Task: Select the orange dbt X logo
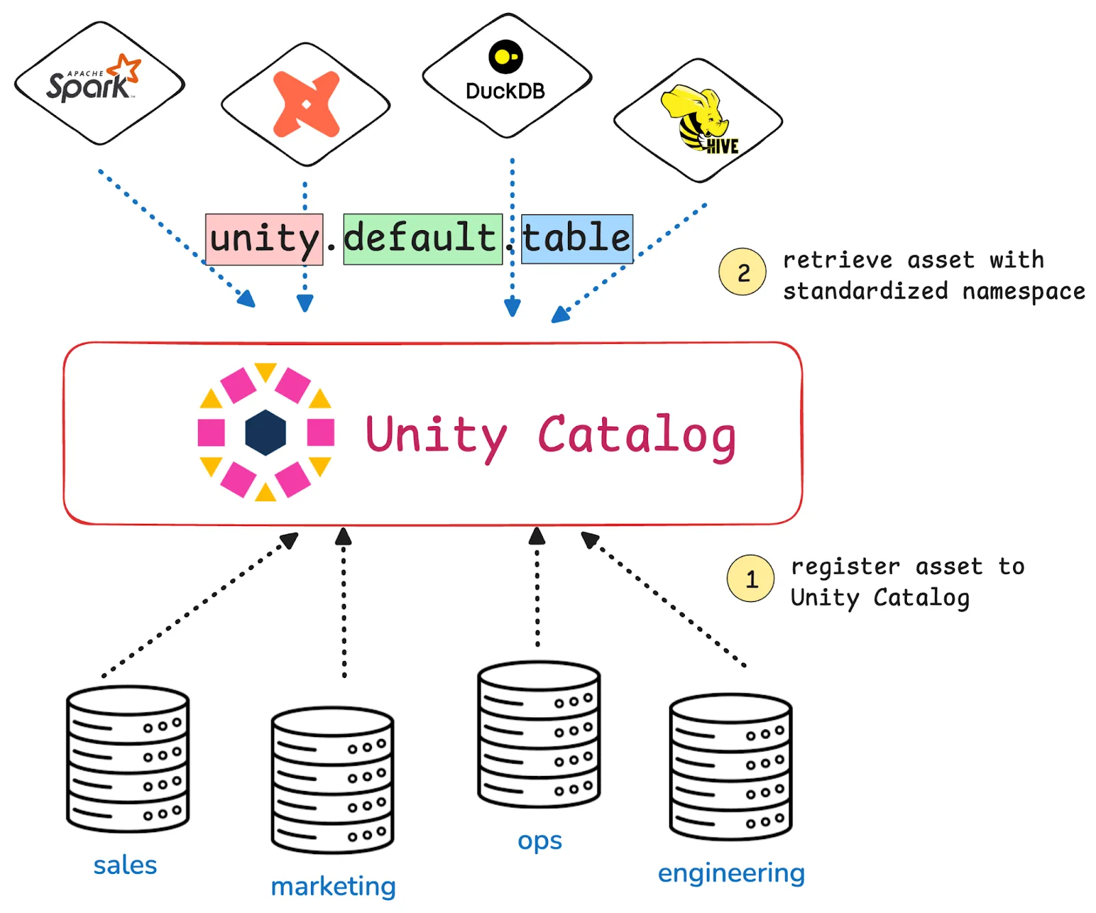click(x=306, y=104)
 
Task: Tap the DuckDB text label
click(x=505, y=91)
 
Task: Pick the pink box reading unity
click(x=264, y=239)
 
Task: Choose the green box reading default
click(x=422, y=238)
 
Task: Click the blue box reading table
click(x=577, y=238)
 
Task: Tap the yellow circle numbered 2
click(x=743, y=272)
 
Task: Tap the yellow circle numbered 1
click(x=751, y=579)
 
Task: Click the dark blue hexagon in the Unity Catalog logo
click(x=265, y=432)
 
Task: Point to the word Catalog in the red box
click(x=636, y=436)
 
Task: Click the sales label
click(x=125, y=865)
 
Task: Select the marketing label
click(x=333, y=886)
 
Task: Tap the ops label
click(x=540, y=841)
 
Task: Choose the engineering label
click(x=731, y=873)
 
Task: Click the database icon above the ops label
click(x=539, y=734)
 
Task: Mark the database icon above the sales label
click(x=128, y=759)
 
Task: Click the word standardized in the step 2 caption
click(x=865, y=291)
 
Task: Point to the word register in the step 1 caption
click(x=845, y=566)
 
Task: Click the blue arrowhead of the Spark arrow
click(x=247, y=299)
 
